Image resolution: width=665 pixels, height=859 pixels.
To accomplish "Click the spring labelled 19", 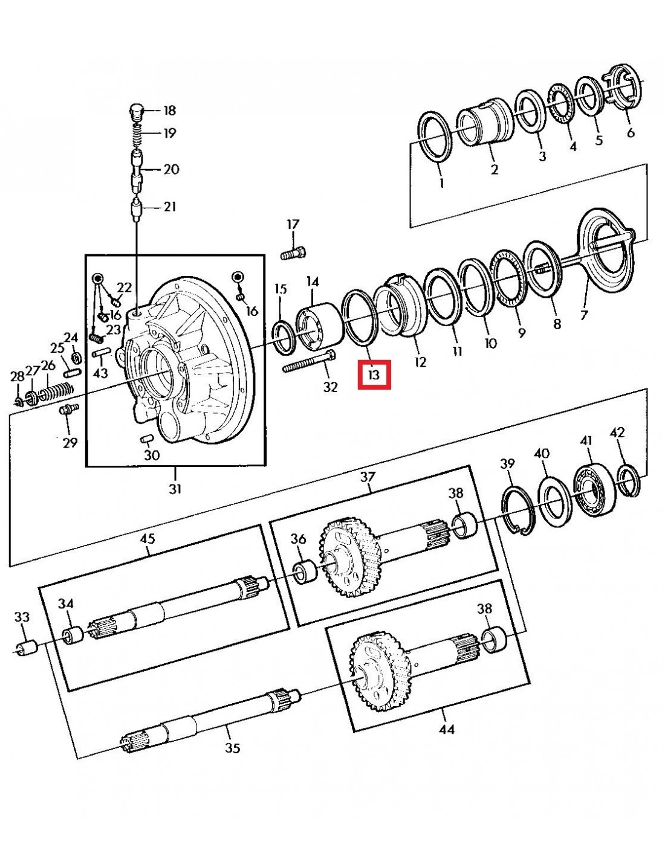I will tap(138, 134).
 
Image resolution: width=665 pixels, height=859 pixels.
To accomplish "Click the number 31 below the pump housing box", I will tap(175, 489).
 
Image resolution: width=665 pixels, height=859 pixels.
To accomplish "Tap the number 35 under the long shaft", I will tap(233, 748).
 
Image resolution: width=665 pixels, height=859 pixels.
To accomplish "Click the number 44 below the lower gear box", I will tap(446, 730).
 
